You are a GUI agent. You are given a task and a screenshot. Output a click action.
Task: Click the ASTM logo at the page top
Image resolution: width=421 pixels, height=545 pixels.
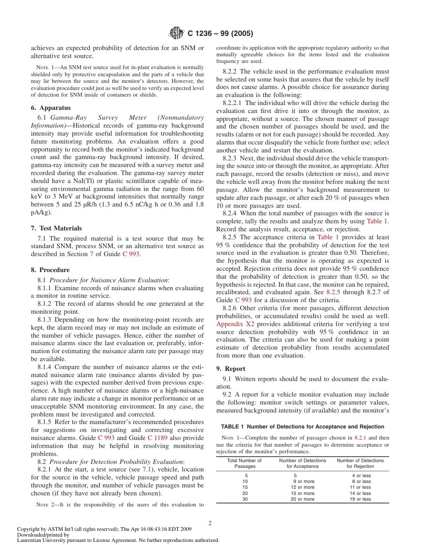(177, 33)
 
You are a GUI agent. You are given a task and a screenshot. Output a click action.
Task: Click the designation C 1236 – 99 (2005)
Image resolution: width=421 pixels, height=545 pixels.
(220, 34)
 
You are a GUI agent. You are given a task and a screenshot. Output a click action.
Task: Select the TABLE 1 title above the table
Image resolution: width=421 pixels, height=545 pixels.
(302, 427)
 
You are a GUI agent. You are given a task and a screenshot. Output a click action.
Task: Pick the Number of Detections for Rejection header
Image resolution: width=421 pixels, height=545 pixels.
(360, 463)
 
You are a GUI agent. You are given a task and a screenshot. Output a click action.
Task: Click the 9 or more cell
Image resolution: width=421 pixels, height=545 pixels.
(304, 481)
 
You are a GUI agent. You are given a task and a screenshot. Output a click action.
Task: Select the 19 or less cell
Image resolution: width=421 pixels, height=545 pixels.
(361, 499)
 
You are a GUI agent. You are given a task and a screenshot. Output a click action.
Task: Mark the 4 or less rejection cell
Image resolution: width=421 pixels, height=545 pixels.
(361, 475)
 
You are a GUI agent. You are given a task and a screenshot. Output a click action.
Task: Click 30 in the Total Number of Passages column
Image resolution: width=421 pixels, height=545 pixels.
(245, 499)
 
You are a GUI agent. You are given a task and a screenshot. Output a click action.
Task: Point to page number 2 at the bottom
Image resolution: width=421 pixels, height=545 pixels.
(210, 523)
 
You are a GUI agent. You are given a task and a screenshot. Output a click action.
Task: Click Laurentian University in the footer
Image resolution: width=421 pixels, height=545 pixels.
(39, 540)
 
